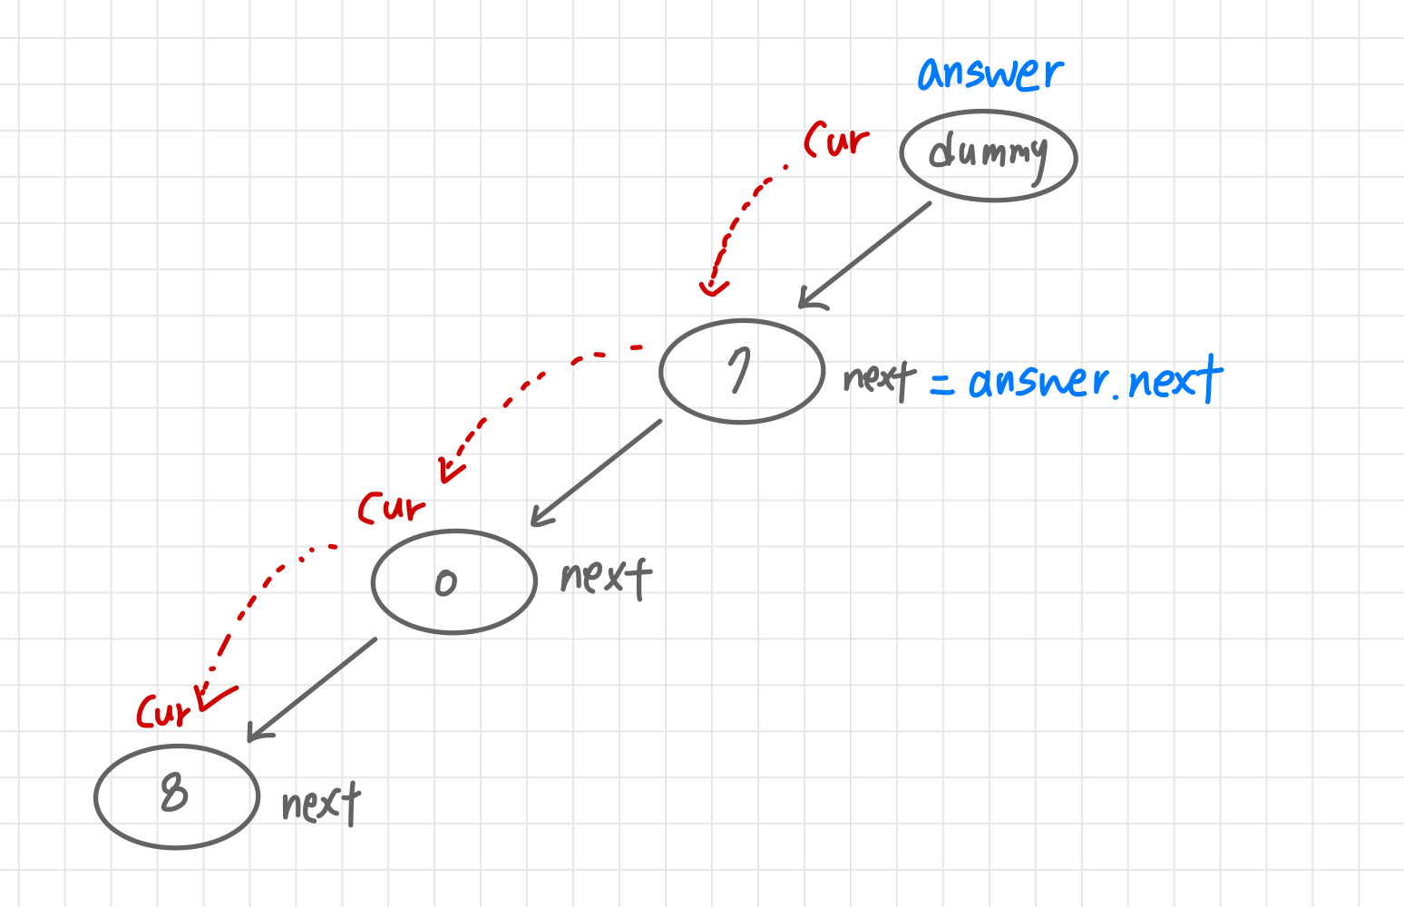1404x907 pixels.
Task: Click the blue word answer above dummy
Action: [x=990, y=73]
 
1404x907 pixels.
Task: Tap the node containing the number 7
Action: [x=742, y=372]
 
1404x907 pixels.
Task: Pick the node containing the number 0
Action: [x=454, y=582]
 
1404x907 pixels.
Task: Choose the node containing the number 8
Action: [x=177, y=796]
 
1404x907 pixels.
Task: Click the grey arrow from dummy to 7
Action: [x=866, y=254]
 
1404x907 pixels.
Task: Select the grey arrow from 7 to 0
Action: [x=597, y=472]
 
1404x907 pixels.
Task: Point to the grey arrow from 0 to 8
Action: [x=313, y=688]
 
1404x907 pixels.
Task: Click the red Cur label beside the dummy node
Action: [x=836, y=140]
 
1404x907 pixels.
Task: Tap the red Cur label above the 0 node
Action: [x=391, y=507]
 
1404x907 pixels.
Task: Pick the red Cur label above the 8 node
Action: [x=165, y=710]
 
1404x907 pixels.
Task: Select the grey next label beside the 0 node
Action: [x=606, y=577]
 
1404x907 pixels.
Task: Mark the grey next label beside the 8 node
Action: [x=320, y=803]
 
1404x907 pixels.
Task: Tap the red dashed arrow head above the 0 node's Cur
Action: [x=450, y=470]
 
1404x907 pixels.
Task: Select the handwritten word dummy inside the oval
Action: [x=988, y=153]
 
